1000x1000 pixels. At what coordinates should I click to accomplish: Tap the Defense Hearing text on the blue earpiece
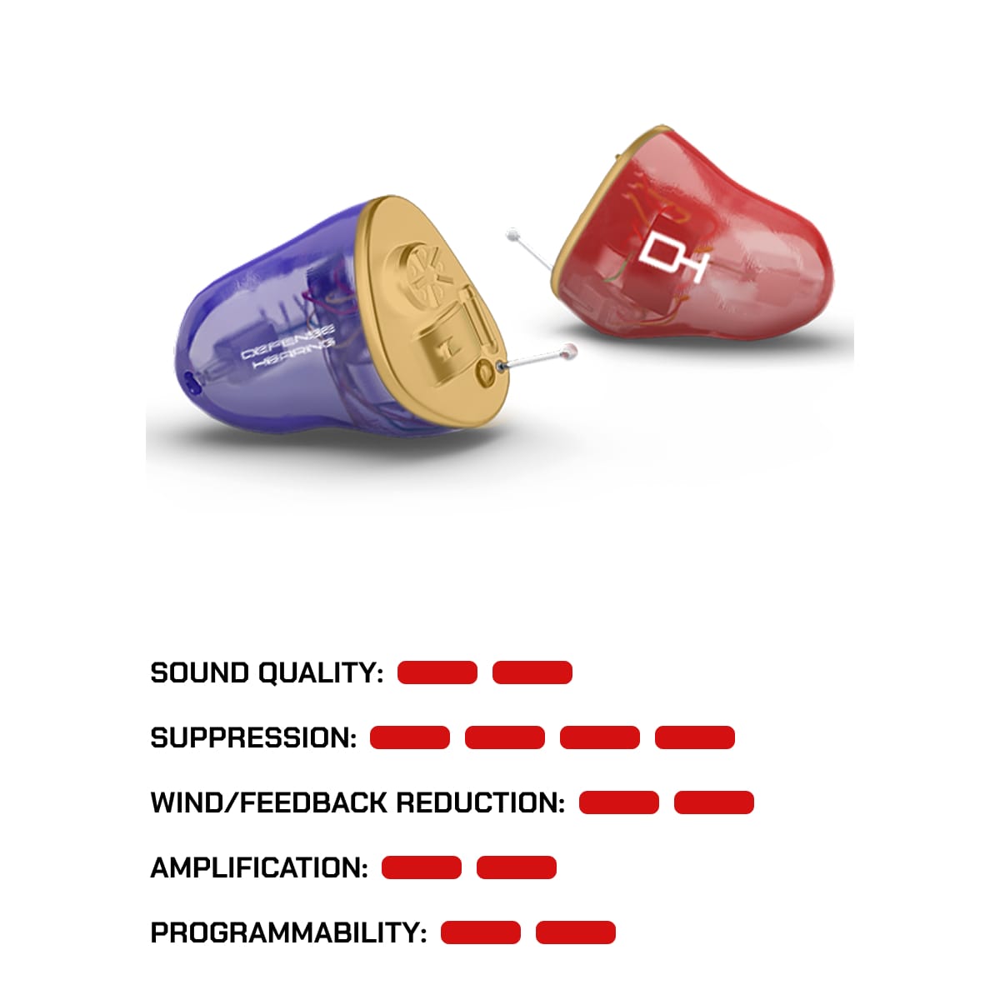pyautogui.click(x=288, y=347)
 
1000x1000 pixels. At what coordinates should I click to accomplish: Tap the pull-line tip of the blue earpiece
pyautogui.click(x=570, y=351)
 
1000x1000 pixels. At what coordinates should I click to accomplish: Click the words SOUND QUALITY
pyautogui.click(x=267, y=672)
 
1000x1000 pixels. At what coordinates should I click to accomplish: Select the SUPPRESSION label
pyautogui.click(x=253, y=737)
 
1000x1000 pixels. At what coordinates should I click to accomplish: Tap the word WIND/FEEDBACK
pyautogui.click(x=267, y=802)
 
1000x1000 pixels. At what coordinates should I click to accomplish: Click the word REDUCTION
pyautogui.click(x=480, y=802)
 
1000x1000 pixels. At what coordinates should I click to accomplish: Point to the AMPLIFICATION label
pyautogui.click(x=259, y=867)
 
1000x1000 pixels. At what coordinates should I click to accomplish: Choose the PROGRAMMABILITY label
pyautogui.click(x=288, y=932)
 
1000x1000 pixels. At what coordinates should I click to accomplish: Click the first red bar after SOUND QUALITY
pyautogui.click(x=437, y=672)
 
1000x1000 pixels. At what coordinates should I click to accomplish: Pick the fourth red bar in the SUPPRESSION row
pyautogui.click(x=695, y=737)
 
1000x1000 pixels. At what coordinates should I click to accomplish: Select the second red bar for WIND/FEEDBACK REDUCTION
pyautogui.click(x=714, y=802)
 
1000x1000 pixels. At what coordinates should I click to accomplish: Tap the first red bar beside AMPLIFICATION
pyautogui.click(x=422, y=867)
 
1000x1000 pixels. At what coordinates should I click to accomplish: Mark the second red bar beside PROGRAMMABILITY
pyautogui.click(x=576, y=932)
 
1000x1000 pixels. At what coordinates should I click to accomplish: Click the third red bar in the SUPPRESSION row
pyautogui.click(x=600, y=737)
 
